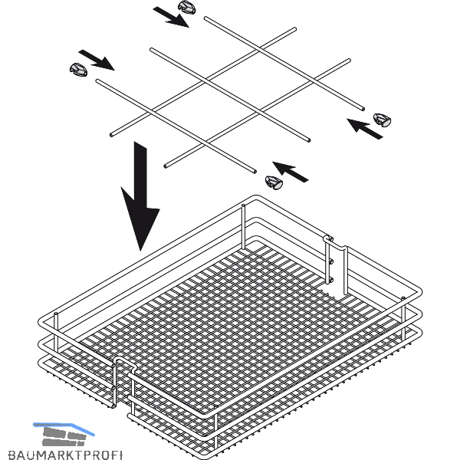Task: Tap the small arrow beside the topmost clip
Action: click(x=171, y=17)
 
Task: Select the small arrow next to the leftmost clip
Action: click(x=97, y=60)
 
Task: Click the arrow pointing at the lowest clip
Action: click(x=290, y=172)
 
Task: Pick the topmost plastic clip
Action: click(x=187, y=7)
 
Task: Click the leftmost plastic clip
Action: click(x=78, y=69)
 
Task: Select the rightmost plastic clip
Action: click(x=383, y=120)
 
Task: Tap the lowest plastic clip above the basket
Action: click(x=274, y=182)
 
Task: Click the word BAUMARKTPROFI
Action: click(x=65, y=455)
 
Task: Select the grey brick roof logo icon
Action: click(x=64, y=435)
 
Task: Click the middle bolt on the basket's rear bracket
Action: click(x=331, y=261)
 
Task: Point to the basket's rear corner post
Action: click(x=243, y=227)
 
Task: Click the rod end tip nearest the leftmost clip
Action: click(x=97, y=80)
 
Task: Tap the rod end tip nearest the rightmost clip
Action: click(x=363, y=109)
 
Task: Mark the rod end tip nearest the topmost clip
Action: click(x=206, y=18)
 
